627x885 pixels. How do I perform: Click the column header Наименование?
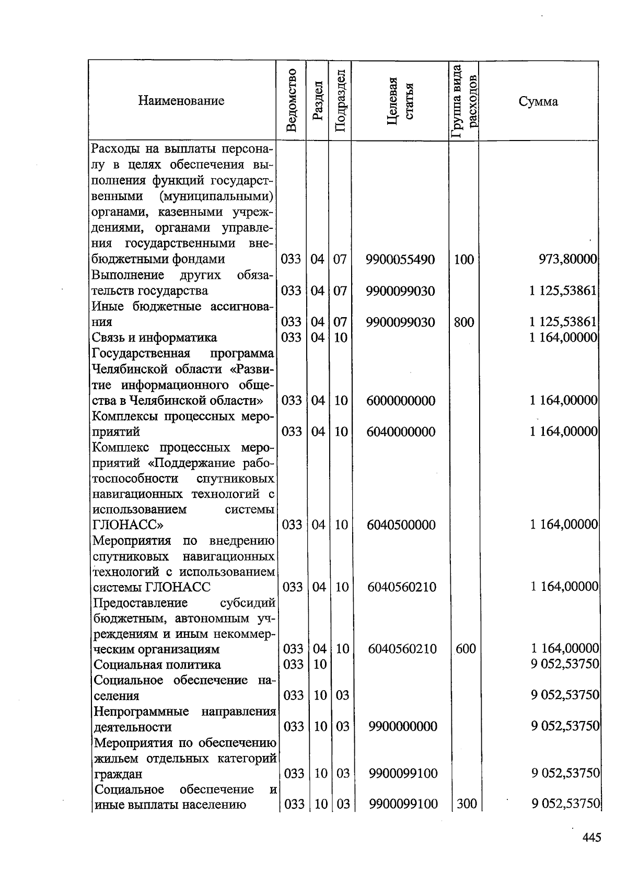[181, 101]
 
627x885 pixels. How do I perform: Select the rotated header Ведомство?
[292, 100]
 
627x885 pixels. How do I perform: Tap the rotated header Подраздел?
[340, 101]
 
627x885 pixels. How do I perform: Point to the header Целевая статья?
[400, 101]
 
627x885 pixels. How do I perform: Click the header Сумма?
[538, 101]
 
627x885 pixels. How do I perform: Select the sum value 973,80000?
[567, 259]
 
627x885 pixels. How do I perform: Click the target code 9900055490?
[400, 259]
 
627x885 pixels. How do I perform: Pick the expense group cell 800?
[463, 322]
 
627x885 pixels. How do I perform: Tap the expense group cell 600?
[465, 649]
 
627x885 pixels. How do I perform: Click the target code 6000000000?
[401, 401]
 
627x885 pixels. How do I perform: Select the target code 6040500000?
[401, 525]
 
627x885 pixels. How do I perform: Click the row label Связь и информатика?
[154, 337]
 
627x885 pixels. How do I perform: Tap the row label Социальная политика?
[157, 665]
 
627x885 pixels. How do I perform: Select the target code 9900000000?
[402, 727]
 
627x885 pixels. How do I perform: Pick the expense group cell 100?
[463, 259]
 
